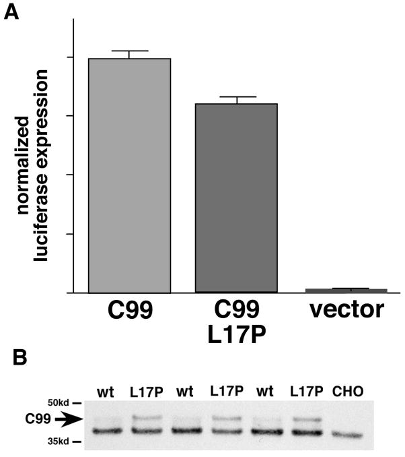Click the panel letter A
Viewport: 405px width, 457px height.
click(x=11, y=13)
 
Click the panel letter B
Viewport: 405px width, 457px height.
click(x=11, y=358)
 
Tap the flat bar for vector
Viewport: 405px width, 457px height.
click(x=346, y=291)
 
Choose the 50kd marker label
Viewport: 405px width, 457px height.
click(x=71, y=402)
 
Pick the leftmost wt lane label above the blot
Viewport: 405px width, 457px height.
click(x=106, y=391)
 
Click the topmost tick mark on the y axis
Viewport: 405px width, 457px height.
click(x=70, y=57)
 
